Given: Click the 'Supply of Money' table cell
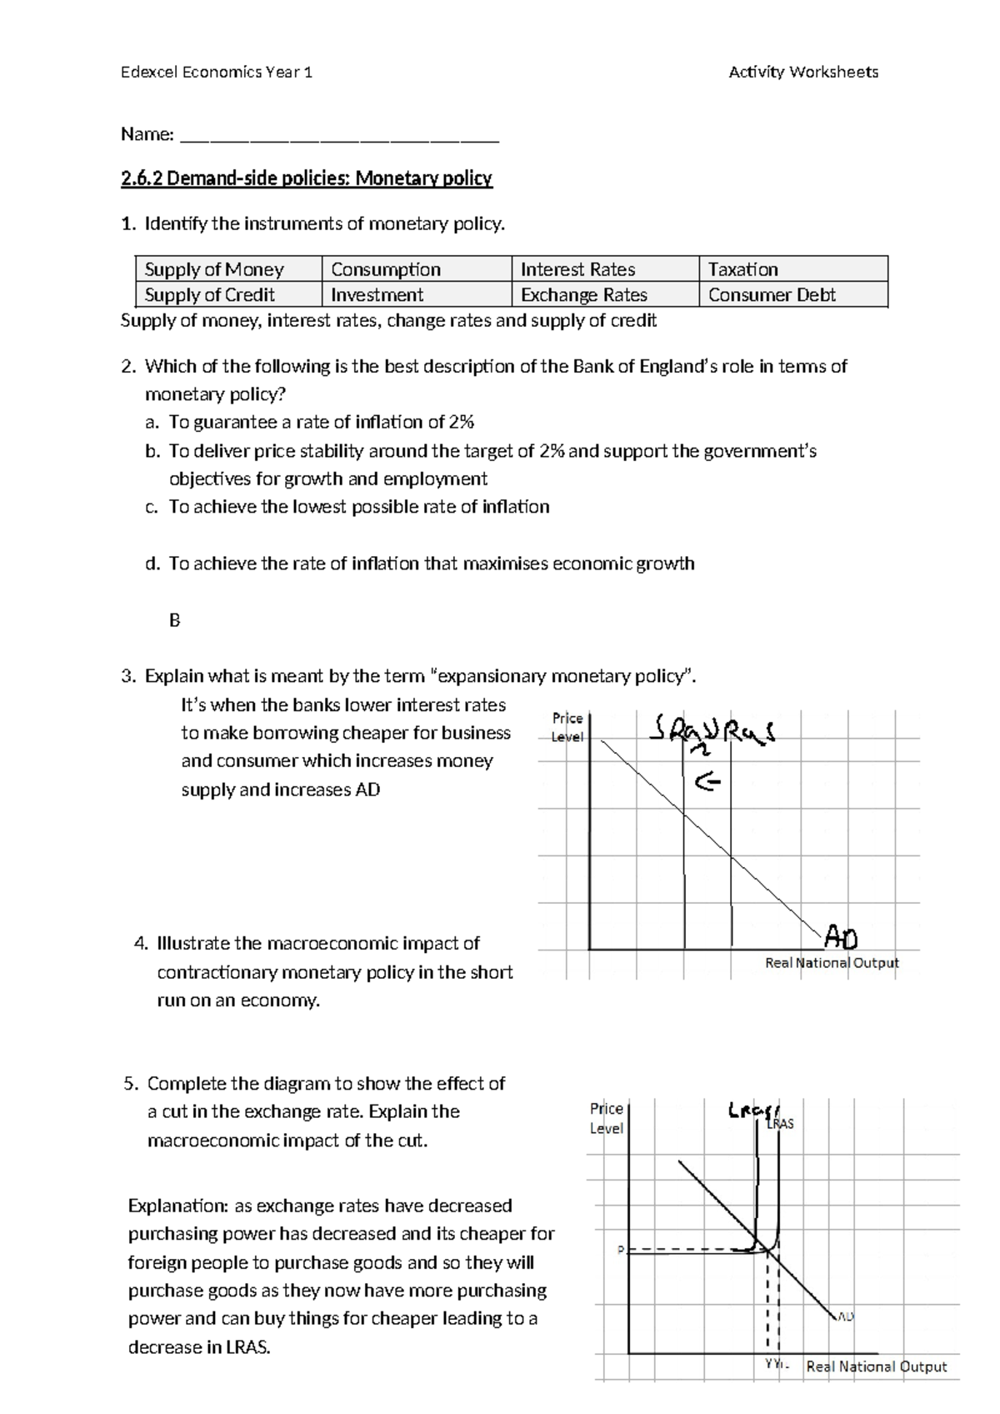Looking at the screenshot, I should click(x=214, y=269).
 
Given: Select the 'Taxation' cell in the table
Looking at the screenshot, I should click(x=742, y=269).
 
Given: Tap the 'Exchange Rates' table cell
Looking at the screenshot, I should click(x=583, y=295).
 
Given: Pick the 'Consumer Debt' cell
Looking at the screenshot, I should click(x=772, y=295).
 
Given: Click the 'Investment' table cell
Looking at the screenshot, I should click(x=377, y=295).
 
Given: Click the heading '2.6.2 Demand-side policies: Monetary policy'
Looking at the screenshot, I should click(x=307, y=178).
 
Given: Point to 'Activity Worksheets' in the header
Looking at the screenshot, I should click(x=803, y=73).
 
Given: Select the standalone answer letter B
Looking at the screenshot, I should click(x=175, y=620).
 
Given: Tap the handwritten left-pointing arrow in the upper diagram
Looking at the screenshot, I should click(x=707, y=782).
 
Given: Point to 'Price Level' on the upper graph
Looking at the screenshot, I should click(x=567, y=727).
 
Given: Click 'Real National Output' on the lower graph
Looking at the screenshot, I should click(x=876, y=1366).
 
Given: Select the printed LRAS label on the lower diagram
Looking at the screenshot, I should click(x=780, y=1124).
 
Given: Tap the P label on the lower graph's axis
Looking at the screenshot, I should click(x=620, y=1251).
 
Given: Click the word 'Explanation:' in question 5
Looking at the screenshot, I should click(x=177, y=1206).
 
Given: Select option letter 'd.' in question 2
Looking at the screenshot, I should click(x=152, y=564).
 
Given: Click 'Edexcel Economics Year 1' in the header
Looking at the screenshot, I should click(x=217, y=73).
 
